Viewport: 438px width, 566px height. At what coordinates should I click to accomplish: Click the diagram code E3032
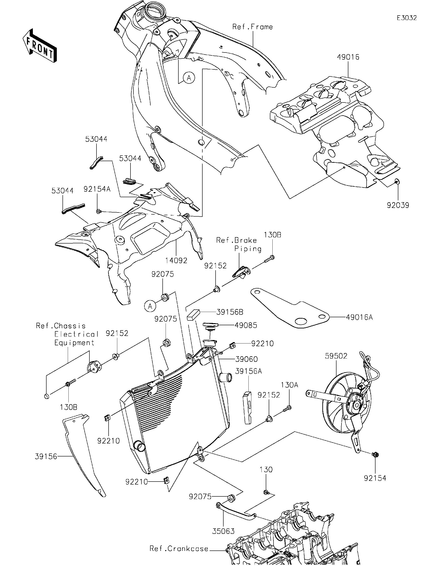point(407,18)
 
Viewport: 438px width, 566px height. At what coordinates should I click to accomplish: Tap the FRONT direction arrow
point(40,46)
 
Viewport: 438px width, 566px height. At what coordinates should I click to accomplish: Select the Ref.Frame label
point(252,27)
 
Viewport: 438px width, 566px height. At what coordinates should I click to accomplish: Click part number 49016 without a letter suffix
point(348,57)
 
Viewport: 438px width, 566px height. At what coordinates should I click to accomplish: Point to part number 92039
point(398,205)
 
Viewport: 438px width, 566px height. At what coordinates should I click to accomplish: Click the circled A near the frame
point(189,78)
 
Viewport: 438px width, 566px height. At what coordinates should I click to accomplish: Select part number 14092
point(176,260)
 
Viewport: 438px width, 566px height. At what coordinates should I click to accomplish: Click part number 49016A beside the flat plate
point(359,317)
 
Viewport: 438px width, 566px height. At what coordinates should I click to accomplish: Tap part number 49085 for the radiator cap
point(246,325)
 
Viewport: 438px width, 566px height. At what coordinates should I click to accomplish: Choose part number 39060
point(246,359)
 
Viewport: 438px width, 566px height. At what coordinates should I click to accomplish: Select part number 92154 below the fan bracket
point(375,478)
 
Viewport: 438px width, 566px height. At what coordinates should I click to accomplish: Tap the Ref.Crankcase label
point(179,548)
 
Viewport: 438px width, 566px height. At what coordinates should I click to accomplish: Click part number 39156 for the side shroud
point(46,456)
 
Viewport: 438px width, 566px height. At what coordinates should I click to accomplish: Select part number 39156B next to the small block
point(229,312)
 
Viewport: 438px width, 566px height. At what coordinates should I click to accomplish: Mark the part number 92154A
point(97,189)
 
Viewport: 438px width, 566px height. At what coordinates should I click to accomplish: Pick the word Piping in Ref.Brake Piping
point(248,249)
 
